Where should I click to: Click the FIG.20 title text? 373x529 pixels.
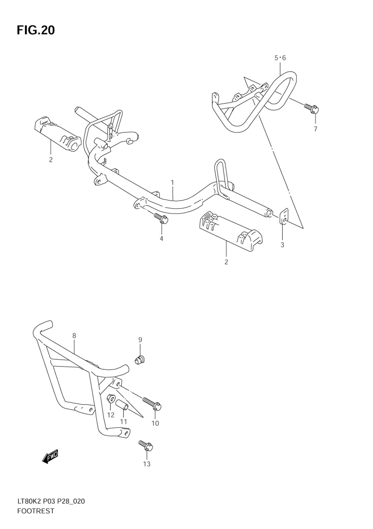coord(36,30)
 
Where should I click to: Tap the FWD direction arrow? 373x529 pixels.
coord(50,456)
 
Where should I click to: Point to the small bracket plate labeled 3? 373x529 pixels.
coord(283,217)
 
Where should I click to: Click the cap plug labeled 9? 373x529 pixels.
coord(140,360)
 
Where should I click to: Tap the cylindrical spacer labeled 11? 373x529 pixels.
coord(122,405)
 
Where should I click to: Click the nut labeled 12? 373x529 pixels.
coord(111,399)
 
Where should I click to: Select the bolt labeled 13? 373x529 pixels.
coord(146,445)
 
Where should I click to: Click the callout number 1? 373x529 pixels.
coord(173,183)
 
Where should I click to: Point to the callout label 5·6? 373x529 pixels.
coord(280,58)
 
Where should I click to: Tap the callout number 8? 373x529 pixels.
coord(74,336)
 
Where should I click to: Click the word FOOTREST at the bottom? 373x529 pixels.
coord(35,511)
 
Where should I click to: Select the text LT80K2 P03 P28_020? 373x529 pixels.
coord(51,501)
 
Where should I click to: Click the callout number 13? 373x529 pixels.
coord(147,464)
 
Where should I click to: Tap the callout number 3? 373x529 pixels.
coord(282,245)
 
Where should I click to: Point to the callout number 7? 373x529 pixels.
coord(315,129)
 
